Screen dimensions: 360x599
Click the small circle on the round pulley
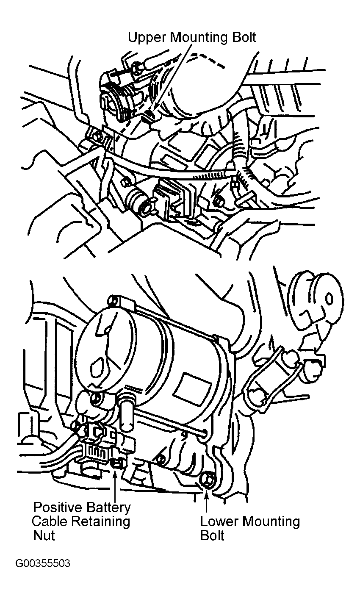(x=329, y=298)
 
